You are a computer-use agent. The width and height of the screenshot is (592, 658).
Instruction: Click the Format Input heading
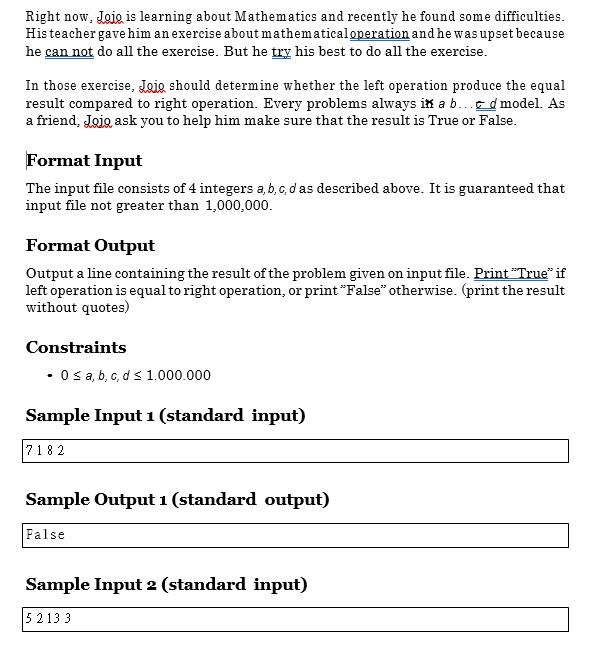point(84,160)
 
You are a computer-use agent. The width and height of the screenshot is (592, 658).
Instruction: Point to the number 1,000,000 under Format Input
point(238,205)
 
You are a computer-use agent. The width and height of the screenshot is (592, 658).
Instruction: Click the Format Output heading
point(90,245)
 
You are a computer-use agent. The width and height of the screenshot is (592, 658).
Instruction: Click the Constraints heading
point(76,347)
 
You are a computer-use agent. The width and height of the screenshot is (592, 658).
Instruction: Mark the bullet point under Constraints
point(49,376)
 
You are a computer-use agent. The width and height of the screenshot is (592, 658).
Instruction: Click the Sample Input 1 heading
point(165,415)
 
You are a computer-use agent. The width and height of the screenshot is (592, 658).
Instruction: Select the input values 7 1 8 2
point(45,451)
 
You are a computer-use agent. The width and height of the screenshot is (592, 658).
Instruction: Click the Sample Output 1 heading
point(177,499)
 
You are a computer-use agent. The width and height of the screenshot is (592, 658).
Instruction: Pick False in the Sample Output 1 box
point(45,535)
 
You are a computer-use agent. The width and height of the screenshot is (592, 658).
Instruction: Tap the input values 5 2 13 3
point(49,619)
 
